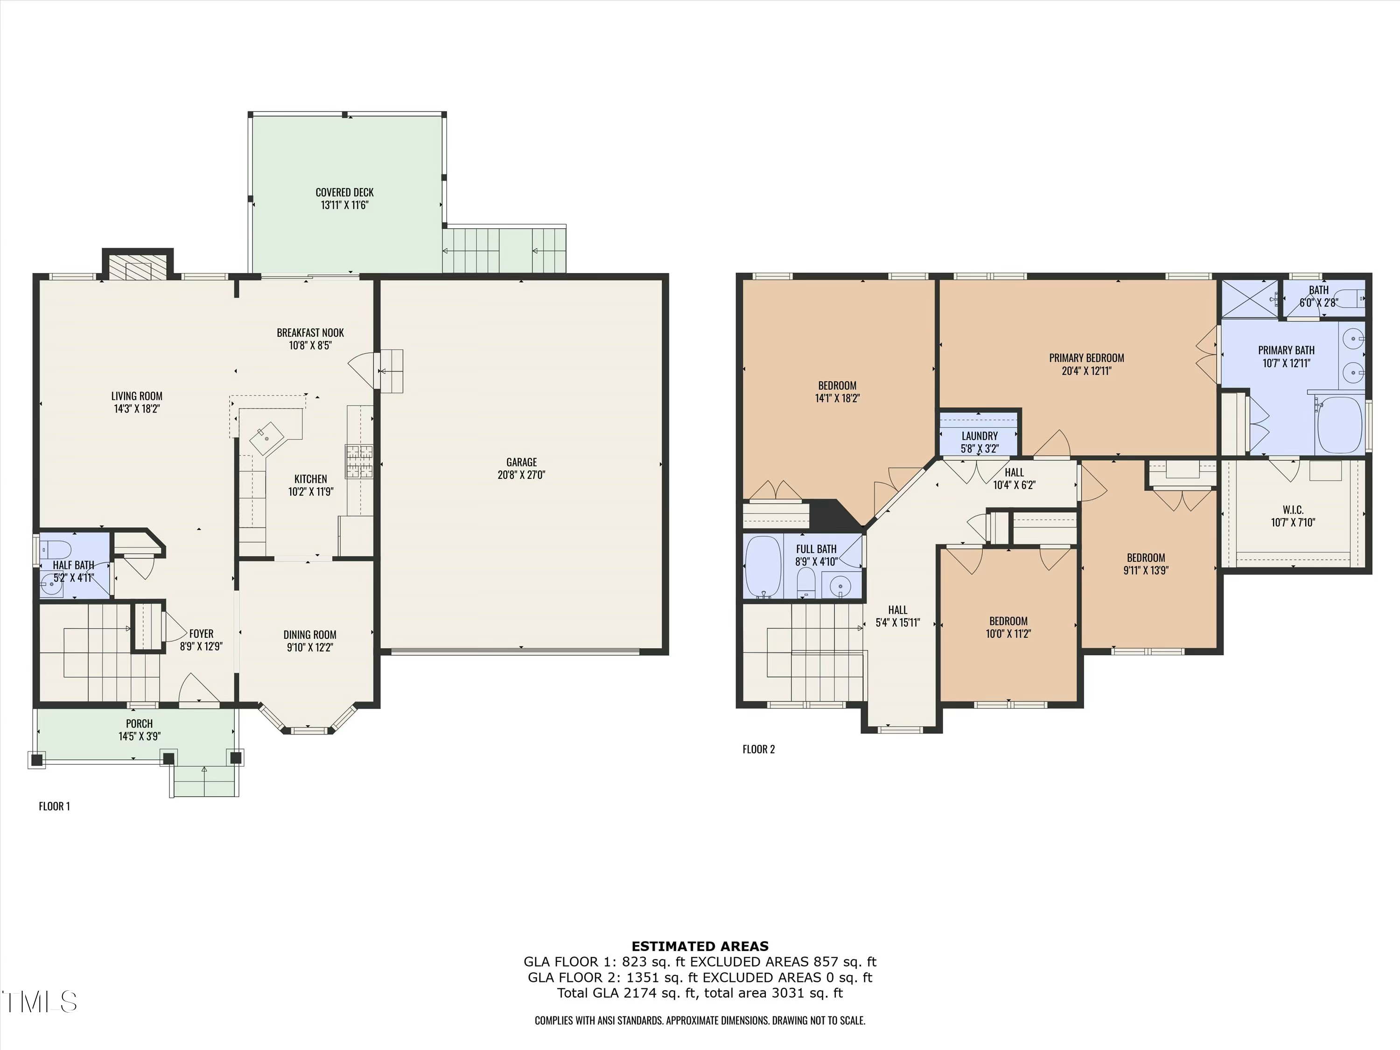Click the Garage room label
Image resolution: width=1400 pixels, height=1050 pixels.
[521, 462]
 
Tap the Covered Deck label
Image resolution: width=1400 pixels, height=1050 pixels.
[344, 192]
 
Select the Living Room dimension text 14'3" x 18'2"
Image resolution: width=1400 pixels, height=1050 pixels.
[137, 409]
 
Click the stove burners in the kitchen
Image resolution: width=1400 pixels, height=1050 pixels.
[359, 462]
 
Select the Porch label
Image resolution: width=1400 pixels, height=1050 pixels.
[139, 723]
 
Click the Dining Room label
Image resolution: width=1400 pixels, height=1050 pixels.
[309, 634]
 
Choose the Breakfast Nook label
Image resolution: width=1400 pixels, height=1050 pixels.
[310, 333]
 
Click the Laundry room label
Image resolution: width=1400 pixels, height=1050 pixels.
[979, 436]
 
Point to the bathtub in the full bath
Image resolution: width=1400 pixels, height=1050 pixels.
[763, 567]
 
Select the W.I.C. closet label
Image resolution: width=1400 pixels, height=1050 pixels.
[1292, 510]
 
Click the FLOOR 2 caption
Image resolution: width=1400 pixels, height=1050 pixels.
[758, 749]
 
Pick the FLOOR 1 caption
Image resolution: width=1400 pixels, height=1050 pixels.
[55, 806]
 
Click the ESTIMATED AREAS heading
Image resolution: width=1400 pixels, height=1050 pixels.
[700, 946]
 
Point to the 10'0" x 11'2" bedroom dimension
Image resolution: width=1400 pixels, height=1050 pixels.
[1008, 634]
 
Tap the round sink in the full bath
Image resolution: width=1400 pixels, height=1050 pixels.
[840, 586]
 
